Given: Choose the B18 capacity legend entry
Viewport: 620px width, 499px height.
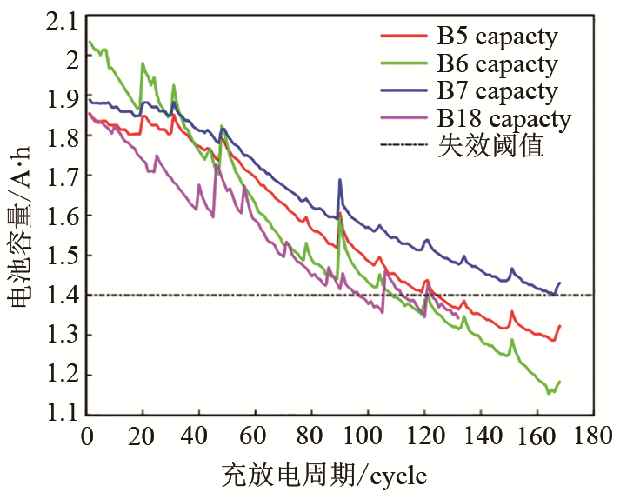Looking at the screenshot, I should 503,118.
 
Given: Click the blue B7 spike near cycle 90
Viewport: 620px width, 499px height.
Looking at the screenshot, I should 339,180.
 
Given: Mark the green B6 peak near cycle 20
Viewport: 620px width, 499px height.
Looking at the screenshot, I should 143,63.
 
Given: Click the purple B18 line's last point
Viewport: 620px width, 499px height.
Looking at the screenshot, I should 458,316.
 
